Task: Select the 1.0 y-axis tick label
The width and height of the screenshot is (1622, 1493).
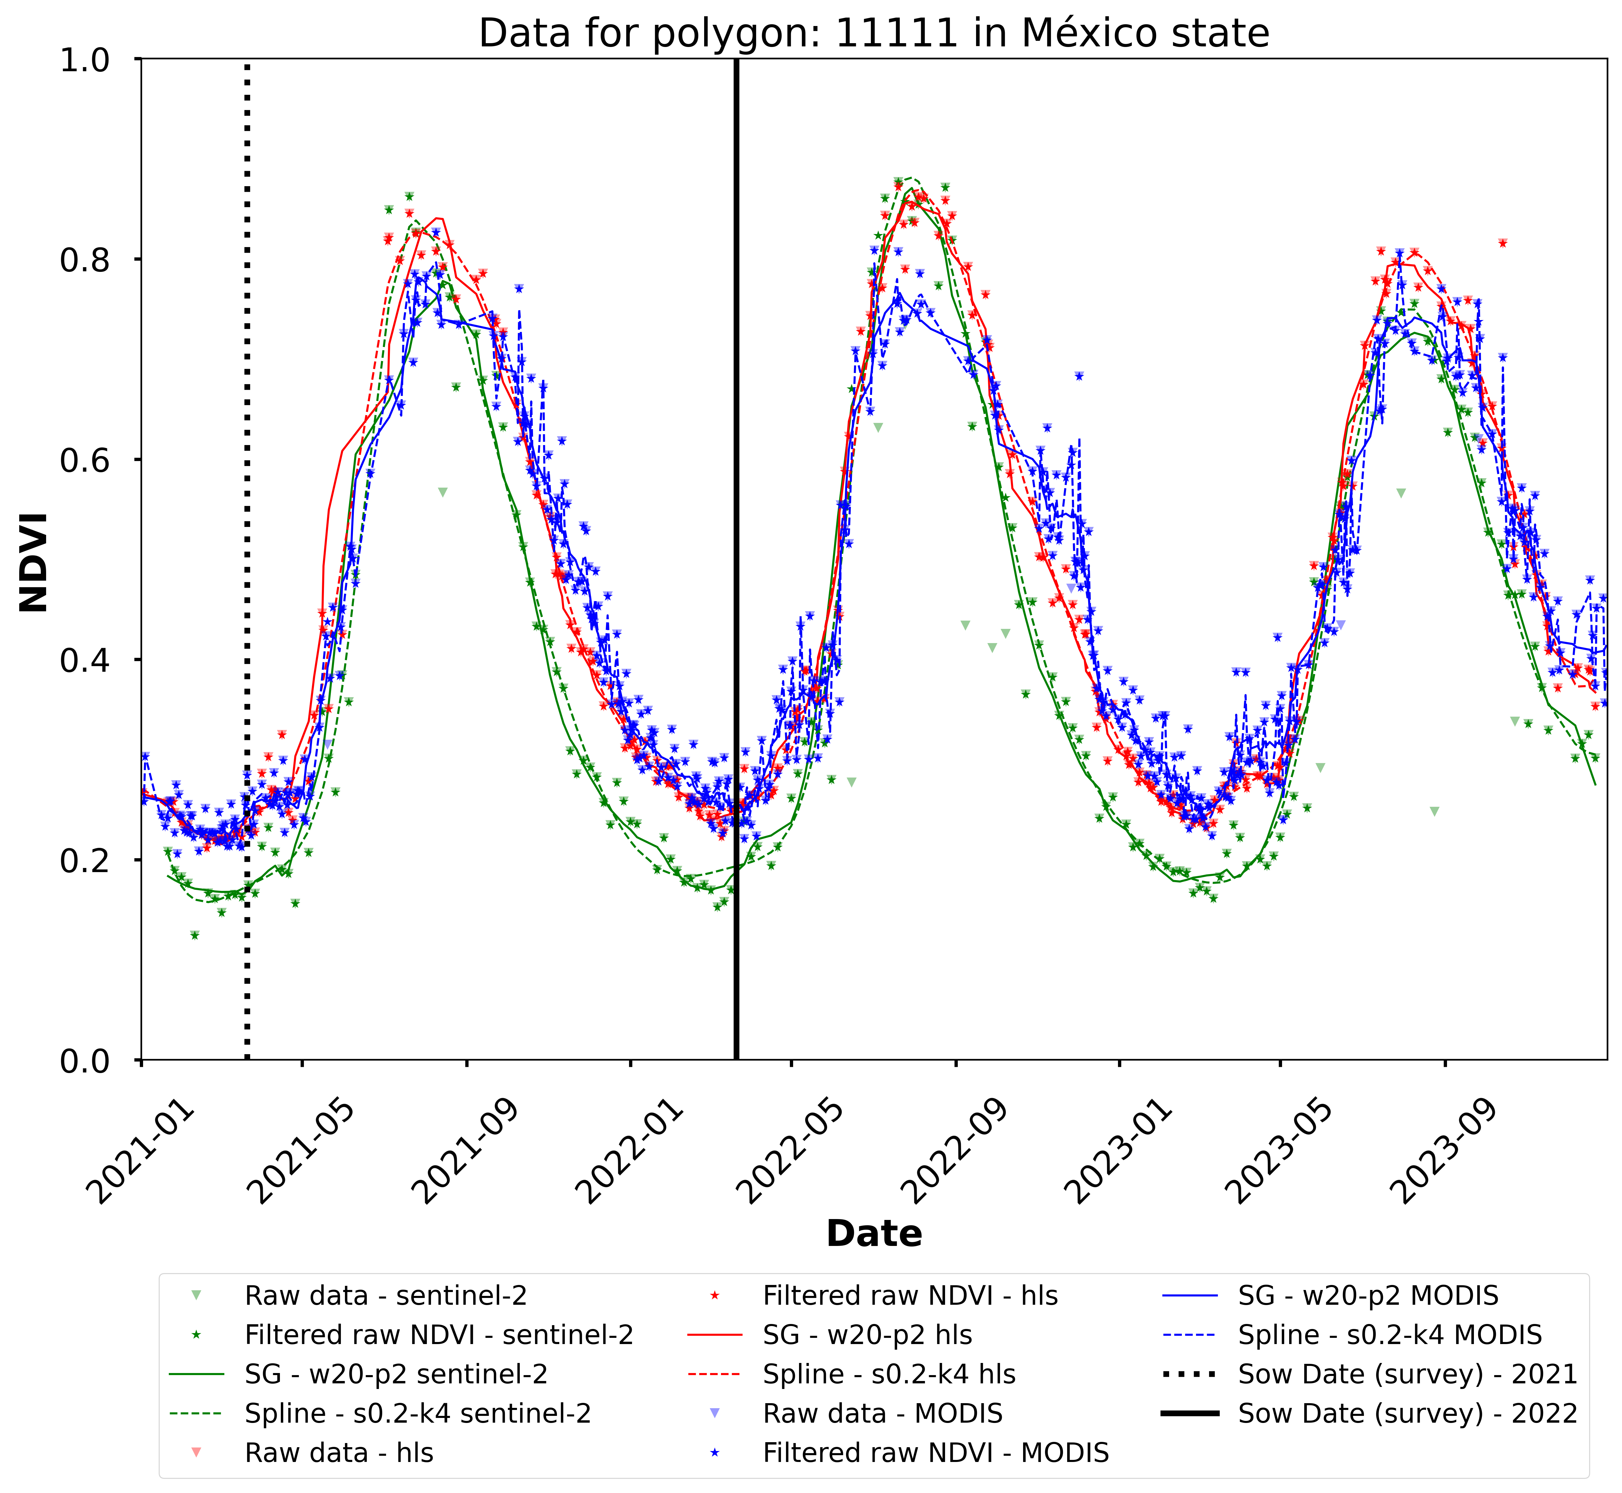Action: [85, 60]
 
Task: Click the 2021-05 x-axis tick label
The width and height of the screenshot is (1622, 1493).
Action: [303, 1151]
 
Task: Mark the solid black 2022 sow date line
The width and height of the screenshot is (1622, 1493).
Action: [736, 566]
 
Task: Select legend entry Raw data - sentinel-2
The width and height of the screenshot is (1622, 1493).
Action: [385, 1296]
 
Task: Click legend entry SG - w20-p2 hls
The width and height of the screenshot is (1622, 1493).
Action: [867, 1335]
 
